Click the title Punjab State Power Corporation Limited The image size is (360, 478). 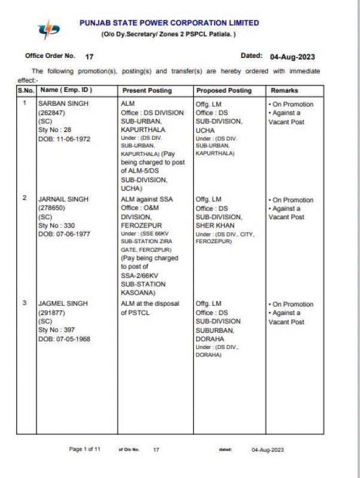point(169,23)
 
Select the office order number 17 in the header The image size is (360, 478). point(90,56)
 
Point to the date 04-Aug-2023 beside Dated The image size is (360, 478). point(292,57)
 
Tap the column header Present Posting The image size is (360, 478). point(147,91)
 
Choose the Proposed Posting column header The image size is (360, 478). point(224,91)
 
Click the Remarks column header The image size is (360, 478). point(284,91)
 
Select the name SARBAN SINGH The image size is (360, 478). point(63,104)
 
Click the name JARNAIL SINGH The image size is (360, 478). point(63,200)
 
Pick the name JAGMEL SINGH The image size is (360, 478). point(62,304)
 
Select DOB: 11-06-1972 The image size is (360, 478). point(64,138)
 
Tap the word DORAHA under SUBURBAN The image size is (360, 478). point(210,339)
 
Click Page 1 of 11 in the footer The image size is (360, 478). point(85,449)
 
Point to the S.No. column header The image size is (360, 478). point(26,91)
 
